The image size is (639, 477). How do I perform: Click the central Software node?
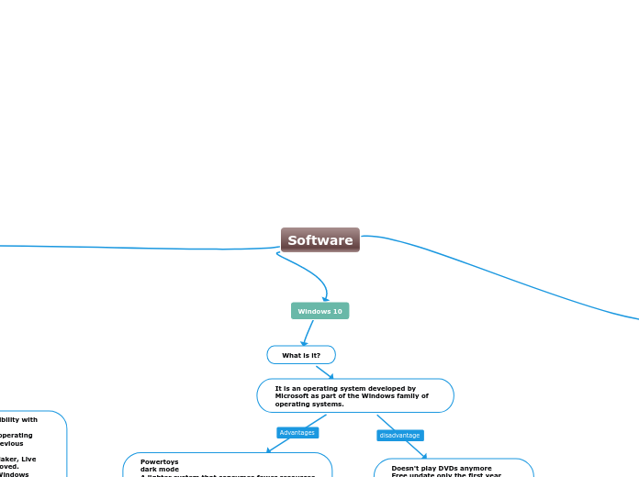(x=319, y=240)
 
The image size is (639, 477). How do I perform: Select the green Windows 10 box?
(x=319, y=311)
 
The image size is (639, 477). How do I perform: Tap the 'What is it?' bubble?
(x=301, y=355)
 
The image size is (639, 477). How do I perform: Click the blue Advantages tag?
(x=297, y=432)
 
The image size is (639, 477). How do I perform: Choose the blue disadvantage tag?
(x=399, y=435)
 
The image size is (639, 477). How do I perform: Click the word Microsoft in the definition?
(x=294, y=396)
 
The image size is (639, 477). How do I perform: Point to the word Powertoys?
(x=159, y=461)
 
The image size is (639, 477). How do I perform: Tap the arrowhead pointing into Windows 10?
(x=325, y=298)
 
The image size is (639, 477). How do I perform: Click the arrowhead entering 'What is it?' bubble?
(x=305, y=343)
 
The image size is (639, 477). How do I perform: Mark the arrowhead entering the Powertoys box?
(x=269, y=449)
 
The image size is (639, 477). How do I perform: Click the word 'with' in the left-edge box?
(x=29, y=419)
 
